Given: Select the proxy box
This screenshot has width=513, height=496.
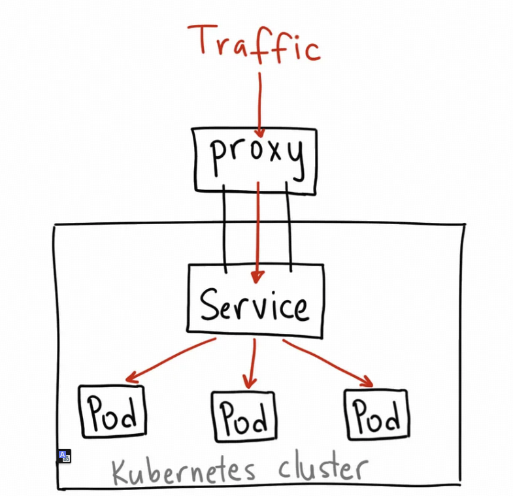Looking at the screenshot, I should [256, 159].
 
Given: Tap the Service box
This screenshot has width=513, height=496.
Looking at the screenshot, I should [256, 302].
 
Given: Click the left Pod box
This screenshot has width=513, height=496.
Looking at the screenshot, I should [112, 412].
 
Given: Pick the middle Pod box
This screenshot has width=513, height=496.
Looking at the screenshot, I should [244, 416].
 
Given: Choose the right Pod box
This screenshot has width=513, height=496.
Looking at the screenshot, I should [376, 414].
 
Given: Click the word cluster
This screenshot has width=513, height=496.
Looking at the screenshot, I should [323, 468].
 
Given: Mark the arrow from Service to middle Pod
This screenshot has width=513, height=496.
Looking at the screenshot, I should [252, 363].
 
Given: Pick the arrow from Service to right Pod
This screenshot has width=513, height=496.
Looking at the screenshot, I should [327, 361].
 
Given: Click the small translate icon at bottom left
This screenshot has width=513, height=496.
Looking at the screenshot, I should [64, 456].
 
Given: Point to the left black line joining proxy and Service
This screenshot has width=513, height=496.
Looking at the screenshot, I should [225, 229].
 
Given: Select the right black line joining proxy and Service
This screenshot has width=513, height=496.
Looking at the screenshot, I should [288, 229].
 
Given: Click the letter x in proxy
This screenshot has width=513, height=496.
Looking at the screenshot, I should [269, 156].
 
